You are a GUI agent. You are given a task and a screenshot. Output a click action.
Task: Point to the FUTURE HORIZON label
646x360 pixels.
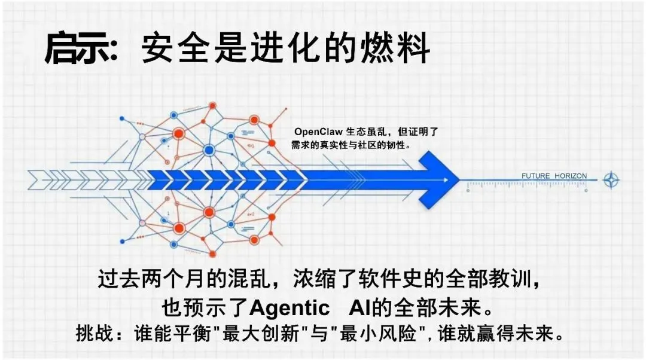[x=554, y=176]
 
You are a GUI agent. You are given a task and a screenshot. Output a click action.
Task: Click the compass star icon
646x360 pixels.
[x=611, y=179]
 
